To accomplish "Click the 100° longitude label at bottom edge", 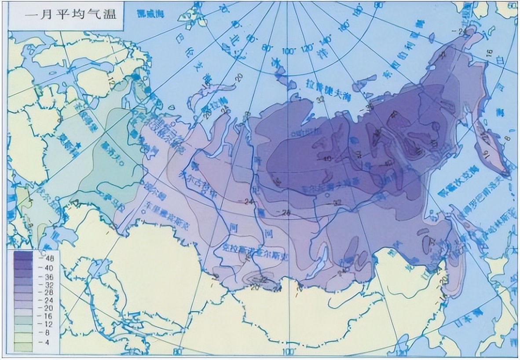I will click(x=289, y=352).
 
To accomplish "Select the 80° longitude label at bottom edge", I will click(x=178, y=352).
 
